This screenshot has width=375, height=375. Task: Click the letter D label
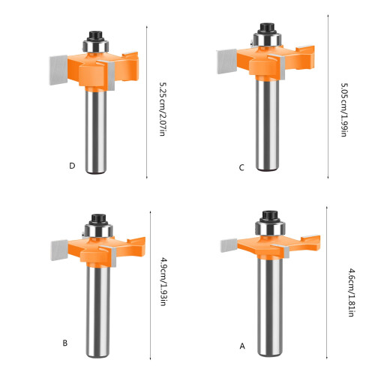click(x=72, y=166)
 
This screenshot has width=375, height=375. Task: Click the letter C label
click(x=241, y=167)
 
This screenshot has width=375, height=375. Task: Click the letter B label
click(x=65, y=343)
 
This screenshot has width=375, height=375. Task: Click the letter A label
click(x=242, y=346)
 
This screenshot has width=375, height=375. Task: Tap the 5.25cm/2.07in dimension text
click(x=162, y=109)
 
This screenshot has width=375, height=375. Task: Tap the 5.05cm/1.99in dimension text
click(x=344, y=109)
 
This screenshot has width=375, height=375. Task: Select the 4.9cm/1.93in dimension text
click(x=163, y=282)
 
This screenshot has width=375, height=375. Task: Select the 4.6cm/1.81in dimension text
click(x=352, y=292)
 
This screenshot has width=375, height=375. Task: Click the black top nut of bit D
click(x=96, y=36)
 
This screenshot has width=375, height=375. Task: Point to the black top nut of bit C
click(x=267, y=28)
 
